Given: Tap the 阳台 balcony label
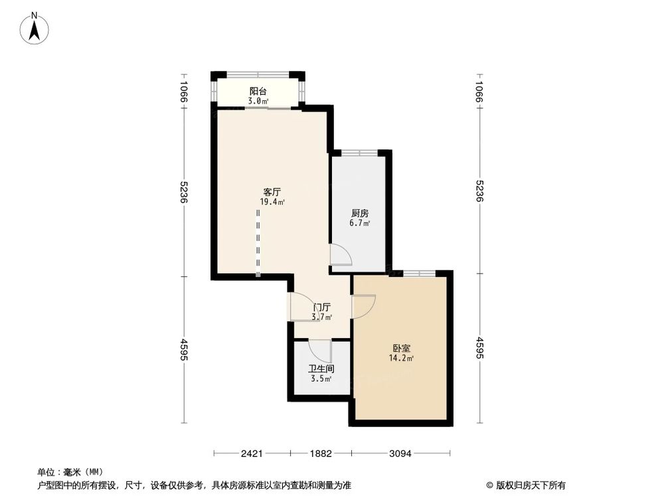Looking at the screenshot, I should tap(258, 92).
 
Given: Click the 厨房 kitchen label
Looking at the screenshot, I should tap(360, 213).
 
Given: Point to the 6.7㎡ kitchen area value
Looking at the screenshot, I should tap(361, 224).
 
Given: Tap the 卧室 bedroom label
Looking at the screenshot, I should tap(401, 348).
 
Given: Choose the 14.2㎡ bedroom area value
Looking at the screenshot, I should tap(401, 359).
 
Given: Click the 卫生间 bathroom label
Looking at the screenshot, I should tap(320, 369).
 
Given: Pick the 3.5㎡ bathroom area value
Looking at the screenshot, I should tap(321, 379).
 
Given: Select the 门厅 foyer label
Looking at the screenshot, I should tap(322, 307).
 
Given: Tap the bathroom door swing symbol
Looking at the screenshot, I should tap(320, 350).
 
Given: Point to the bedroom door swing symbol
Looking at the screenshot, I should tap(364, 305).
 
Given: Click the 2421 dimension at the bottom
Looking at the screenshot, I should tap(252, 454).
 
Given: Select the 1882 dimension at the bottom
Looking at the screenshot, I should tap(321, 454).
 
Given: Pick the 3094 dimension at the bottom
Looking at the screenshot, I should tap(400, 454).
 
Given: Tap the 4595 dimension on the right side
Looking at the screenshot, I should tap(479, 349).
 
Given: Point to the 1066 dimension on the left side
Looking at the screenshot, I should tap(184, 92).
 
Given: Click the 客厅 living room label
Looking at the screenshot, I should tap(272, 191).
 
